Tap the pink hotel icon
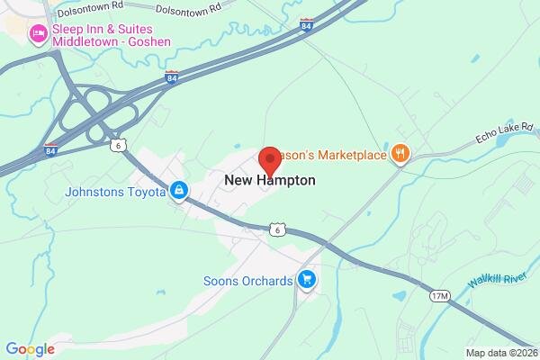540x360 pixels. tap(38, 35)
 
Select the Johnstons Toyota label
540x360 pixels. tap(115, 192)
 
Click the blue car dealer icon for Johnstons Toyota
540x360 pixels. tap(180, 192)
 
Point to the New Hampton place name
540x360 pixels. tap(270, 180)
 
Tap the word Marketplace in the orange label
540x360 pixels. tap(346, 154)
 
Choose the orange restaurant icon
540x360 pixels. tap(400, 154)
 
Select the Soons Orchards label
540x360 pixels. tap(248, 280)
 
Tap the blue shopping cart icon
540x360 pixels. tap(308, 280)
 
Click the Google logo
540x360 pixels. tap(30, 349)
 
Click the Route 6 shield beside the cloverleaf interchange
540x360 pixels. tap(117, 145)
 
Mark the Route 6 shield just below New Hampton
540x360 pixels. tap(280, 230)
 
